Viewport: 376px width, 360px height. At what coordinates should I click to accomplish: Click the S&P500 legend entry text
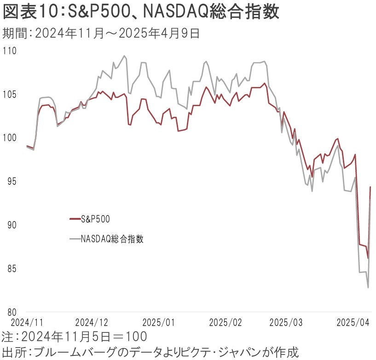(x=95, y=219)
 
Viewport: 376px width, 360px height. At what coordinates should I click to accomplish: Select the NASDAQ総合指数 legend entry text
(x=112, y=239)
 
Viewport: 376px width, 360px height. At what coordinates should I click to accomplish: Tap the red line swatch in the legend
(x=75, y=219)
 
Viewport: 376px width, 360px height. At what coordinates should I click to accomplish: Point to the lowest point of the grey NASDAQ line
(x=368, y=288)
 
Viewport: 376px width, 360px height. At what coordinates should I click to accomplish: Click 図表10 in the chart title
(x=28, y=12)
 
